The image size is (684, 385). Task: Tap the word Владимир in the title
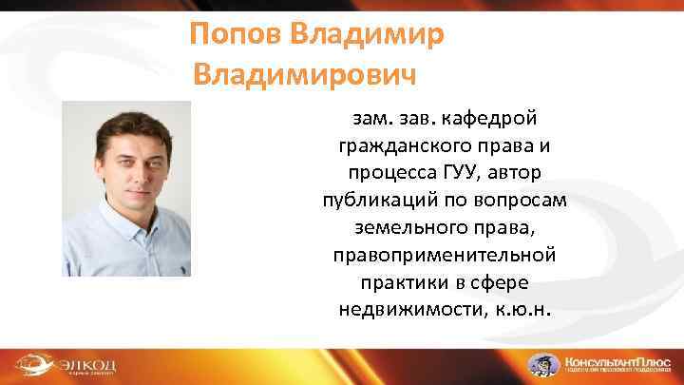(365, 36)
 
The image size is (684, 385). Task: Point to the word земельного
(393, 231)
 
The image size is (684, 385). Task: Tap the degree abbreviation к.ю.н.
(520, 311)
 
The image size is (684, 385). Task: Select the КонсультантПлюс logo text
(617, 360)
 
